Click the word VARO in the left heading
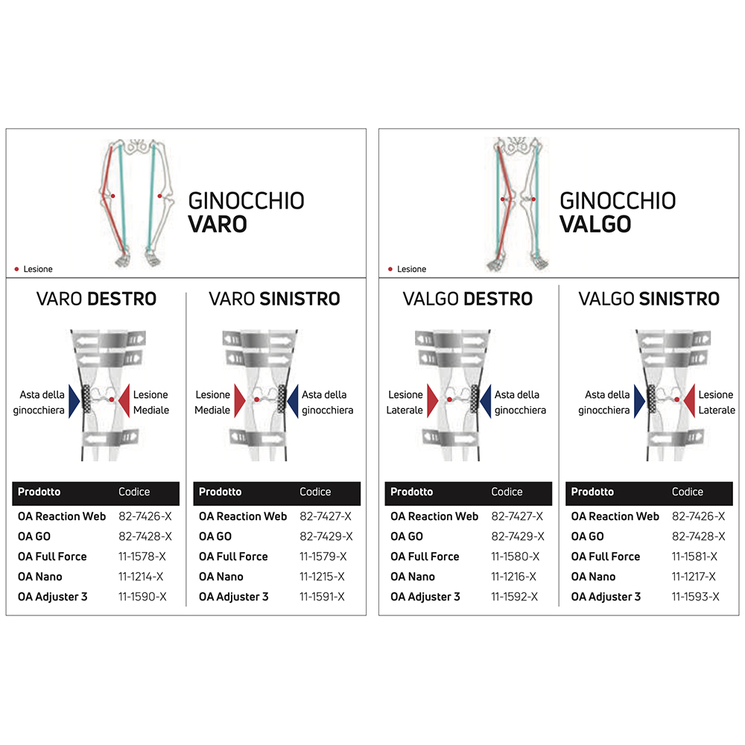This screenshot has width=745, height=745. pos(218,223)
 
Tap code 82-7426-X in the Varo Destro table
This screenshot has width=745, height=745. pos(145,516)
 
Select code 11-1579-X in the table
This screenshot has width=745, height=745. pos(325,557)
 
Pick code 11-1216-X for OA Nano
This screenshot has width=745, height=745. pos(516,577)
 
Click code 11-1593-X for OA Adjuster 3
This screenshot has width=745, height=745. pos(696,597)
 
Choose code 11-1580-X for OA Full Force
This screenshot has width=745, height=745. pos(516,557)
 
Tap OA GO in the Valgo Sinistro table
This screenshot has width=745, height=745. pos(588,536)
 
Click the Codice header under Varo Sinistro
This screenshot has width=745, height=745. pos(315,492)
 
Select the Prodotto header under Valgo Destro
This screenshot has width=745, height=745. pos(412,492)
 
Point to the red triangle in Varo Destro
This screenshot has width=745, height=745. pos(124,400)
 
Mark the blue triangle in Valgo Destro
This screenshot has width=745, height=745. pos(485,400)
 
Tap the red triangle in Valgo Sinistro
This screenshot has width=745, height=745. pos(690,400)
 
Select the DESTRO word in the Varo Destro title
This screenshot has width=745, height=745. pos(122,299)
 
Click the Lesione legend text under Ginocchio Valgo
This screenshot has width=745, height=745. pos(412,269)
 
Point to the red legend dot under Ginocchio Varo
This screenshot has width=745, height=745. pos(16,269)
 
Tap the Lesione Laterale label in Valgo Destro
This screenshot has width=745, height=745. pos(405,402)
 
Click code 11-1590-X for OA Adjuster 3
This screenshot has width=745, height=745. pos(142,597)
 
